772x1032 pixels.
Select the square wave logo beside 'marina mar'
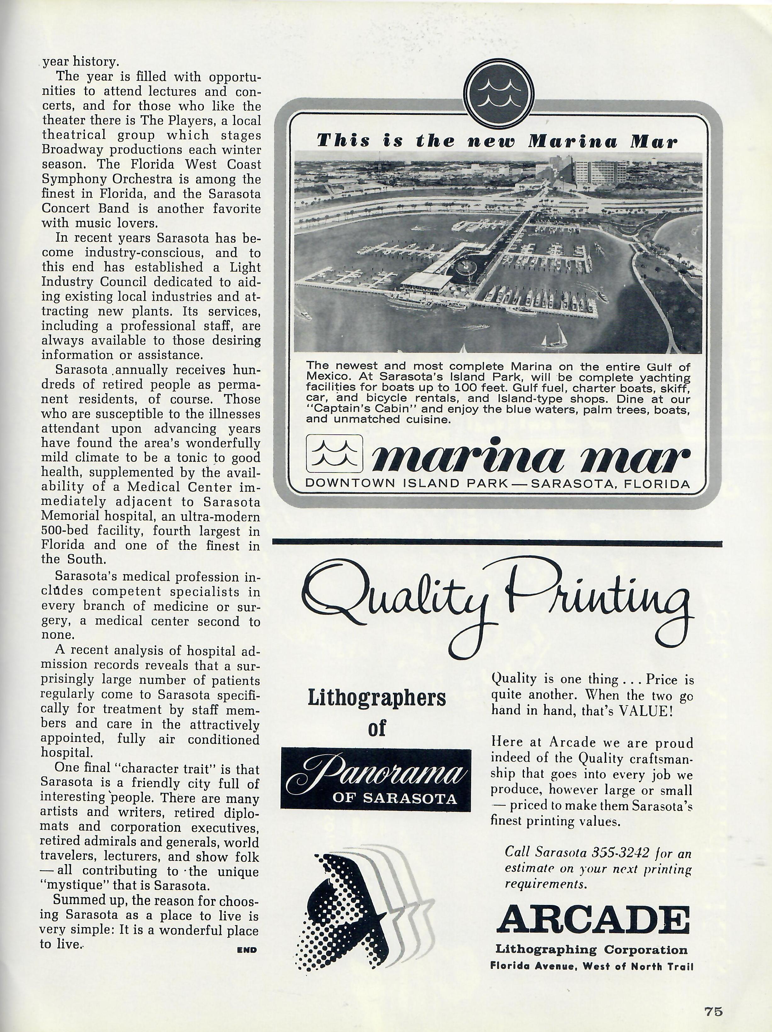pos(334,454)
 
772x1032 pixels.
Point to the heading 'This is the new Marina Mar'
pos(497,141)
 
